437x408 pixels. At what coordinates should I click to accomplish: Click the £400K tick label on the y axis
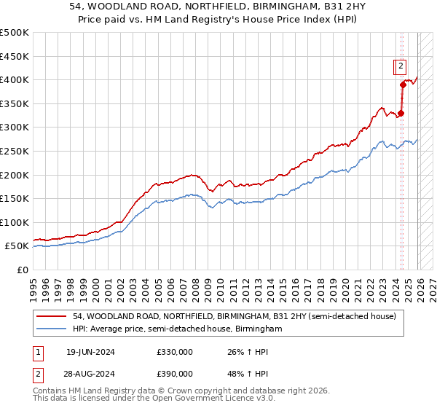15,80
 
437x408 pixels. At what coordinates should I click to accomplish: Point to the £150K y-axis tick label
15,198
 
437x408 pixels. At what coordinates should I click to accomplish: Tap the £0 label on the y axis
23,270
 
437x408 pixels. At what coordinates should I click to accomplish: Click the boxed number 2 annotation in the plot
401,67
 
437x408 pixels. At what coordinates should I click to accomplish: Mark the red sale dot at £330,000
401,113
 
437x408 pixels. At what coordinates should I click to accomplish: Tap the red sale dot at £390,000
403,85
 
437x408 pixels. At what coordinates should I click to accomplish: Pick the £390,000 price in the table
174,373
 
